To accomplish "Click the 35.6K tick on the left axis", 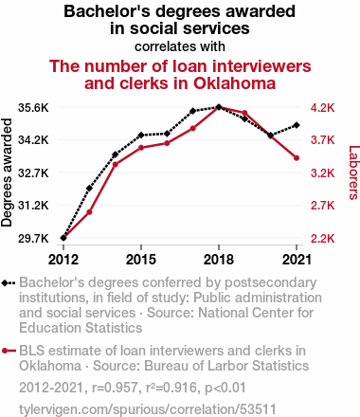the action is [x=33, y=108].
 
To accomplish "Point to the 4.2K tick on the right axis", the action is [x=322, y=108].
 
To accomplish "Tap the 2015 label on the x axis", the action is [x=141, y=260].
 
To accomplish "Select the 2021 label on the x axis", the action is [x=297, y=260].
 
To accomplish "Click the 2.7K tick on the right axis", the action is [x=322, y=206].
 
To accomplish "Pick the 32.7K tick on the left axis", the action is [x=33, y=173].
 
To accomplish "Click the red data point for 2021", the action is [x=297, y=158].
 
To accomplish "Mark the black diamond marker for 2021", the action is [x=297, y=125].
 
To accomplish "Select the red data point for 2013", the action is [x=89, y=212].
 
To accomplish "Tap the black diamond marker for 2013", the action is [x=89, y=189].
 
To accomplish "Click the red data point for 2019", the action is [x=244, y=113].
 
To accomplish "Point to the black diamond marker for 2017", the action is [x=192, y=111].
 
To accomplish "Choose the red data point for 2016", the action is [x=167, y=143].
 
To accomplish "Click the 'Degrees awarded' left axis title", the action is [x=7, y=172].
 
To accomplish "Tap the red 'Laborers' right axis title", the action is [x=353, y=172].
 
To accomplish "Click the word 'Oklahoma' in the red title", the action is [x=234, y=83].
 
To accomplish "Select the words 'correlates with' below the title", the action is [x=180, y=46].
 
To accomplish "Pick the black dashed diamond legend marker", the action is [x=9, y=282].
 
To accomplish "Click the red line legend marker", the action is [x=9, y=351].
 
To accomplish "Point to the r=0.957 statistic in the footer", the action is [x=115, y=388].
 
